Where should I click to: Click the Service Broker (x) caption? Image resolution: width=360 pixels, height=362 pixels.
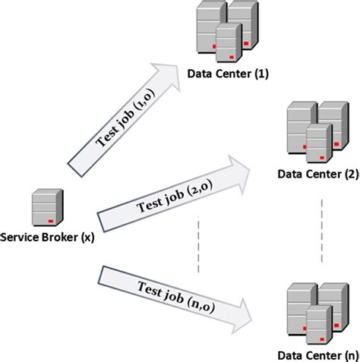(x=47, y=237)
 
